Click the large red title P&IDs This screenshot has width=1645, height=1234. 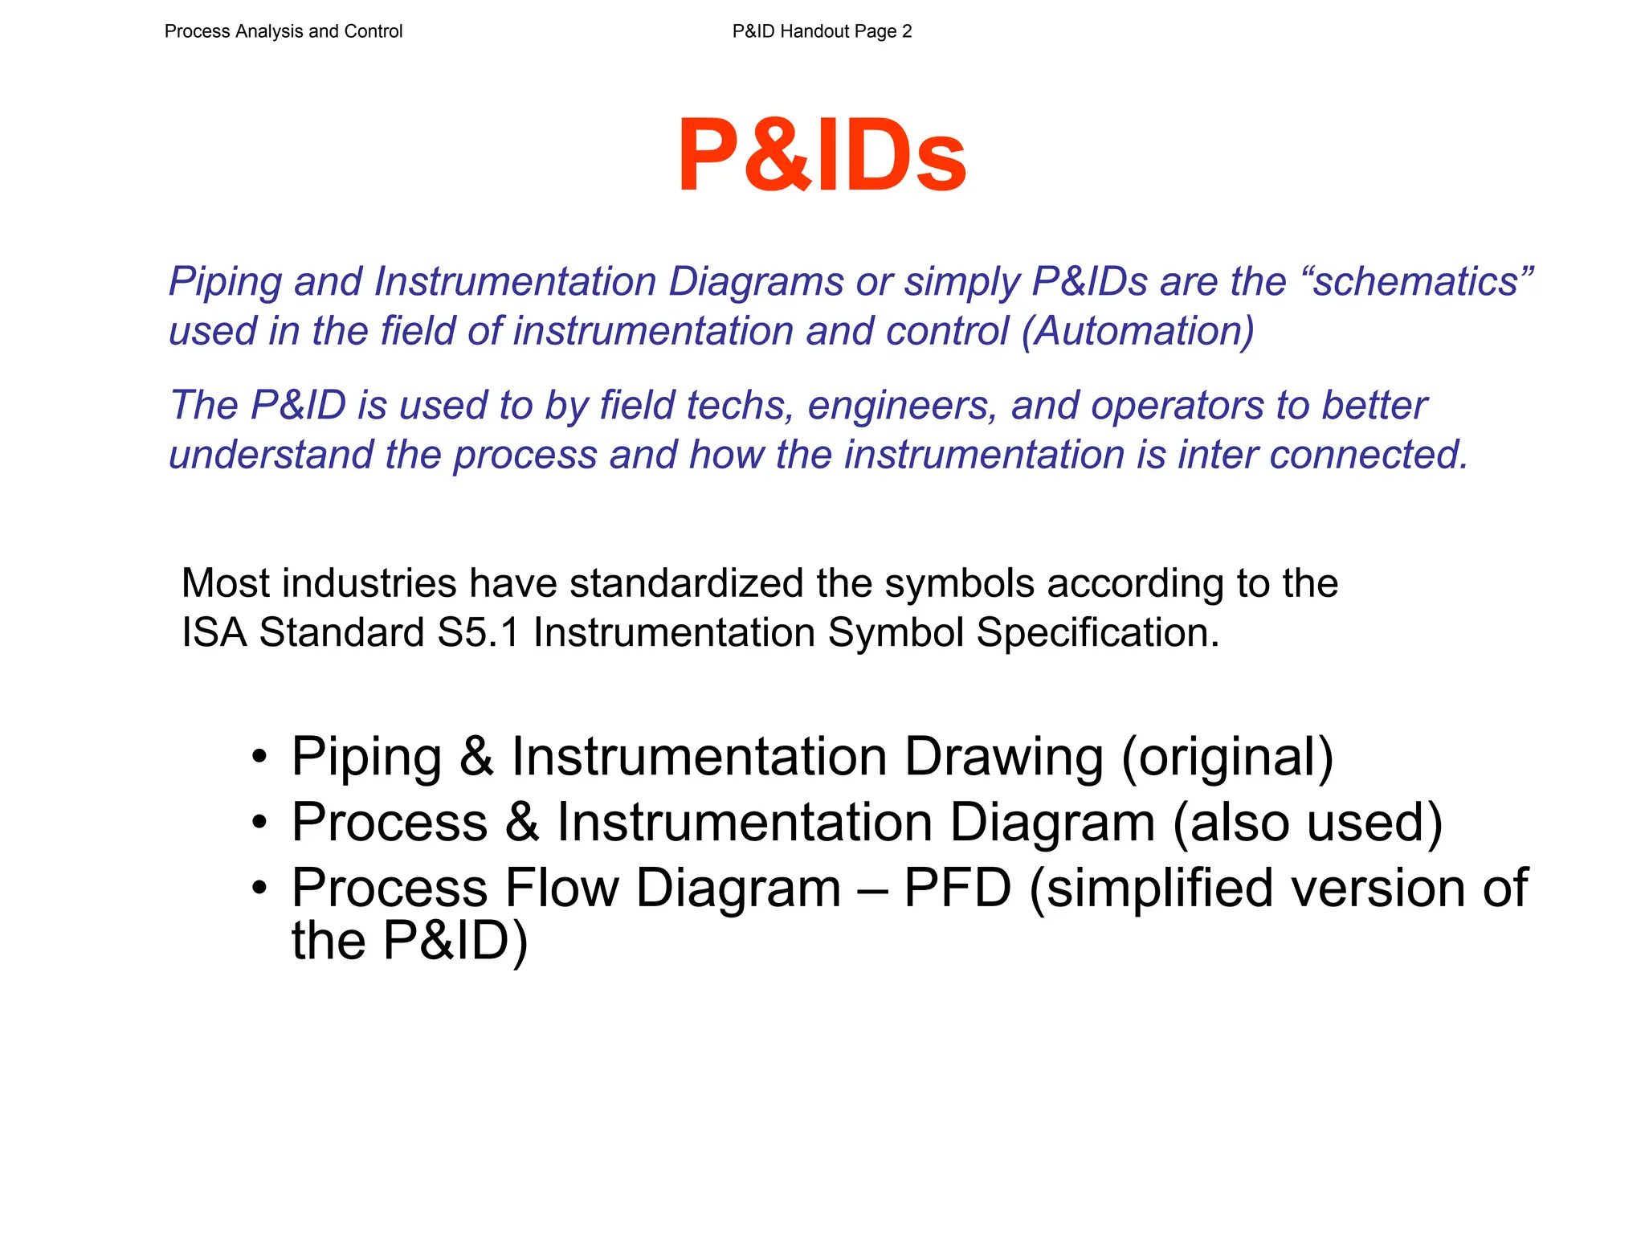pyautogui.click(x=822, y=155)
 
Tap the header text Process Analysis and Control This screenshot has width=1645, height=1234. pyautogui.click(x=284, y=31)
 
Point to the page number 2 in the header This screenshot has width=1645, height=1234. pyautogui.click(x=907, y=31)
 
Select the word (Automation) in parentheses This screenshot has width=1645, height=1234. pyautogui.click(x=1137, y=331)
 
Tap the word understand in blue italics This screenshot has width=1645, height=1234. pyautogui.click(x=271, y=455)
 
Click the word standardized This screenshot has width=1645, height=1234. pyautogui.click(x=687, y=583)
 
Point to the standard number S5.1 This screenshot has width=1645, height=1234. pyautogui.click(x=480, y=633)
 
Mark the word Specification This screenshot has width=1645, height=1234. pyautogui.click(x=1097, y=633)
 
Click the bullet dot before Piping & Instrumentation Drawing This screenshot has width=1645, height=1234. pyautogui.click(x=259, y=757)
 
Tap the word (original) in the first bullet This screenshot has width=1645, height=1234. pyautogui.click(x=1227, y=757)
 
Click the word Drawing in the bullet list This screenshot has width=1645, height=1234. pyautogui.click(x=1004, y=757)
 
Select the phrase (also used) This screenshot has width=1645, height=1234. pyautogui.click(x=1308, y=823)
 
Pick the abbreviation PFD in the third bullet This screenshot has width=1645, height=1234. pyautogui.click(x=957, y=889)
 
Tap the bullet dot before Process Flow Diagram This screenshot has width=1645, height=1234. pyautogui.click(x=259, y=889)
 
